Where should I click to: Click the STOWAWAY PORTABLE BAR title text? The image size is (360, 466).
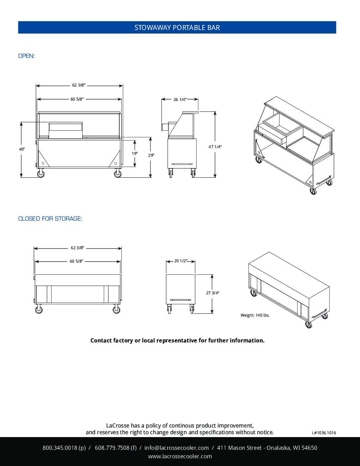177,28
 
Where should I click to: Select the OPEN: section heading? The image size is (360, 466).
26,56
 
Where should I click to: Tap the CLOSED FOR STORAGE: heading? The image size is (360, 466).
50,219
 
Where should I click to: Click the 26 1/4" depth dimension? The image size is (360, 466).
180,100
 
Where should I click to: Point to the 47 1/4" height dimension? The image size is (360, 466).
215,147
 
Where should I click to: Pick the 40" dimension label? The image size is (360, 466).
22,149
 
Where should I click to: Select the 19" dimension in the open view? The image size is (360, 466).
134,154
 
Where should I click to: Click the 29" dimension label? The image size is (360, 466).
151,155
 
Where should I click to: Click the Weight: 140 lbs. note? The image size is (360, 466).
255,315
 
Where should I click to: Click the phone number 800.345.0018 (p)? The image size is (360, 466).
64,448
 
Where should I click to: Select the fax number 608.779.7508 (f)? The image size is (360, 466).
116,448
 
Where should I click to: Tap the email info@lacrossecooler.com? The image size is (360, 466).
176,448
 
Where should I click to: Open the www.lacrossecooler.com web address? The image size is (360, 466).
180,456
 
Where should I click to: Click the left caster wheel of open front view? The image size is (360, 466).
41,174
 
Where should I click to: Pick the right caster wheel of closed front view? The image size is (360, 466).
116,310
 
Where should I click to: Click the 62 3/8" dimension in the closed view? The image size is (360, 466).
77,248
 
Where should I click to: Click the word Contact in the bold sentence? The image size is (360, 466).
101,340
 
